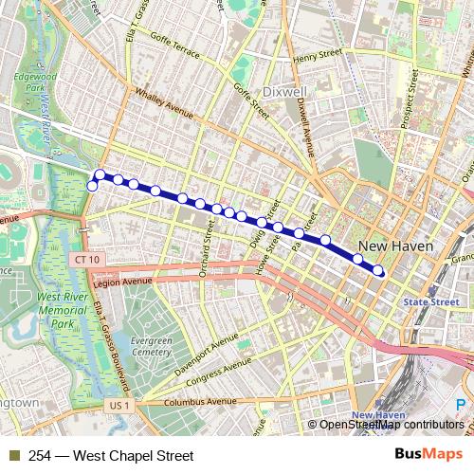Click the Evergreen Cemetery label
tap(151, 345)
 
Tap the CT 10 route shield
tap(84, 259)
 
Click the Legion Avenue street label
tap(124, 282)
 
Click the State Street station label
tap(432, 302)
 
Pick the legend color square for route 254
tap(13, 456)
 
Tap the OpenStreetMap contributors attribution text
tap(391, 424)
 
